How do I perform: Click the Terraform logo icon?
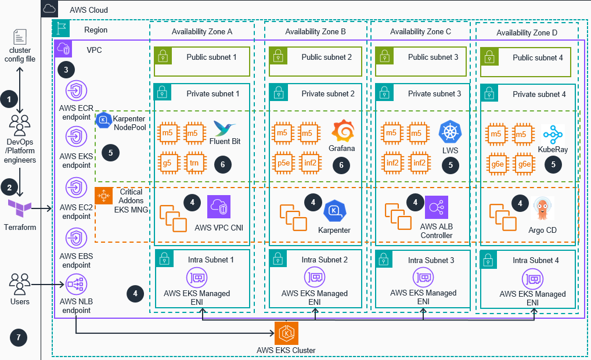point(20,208)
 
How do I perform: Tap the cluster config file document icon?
point(20,38)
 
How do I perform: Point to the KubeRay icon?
point(553,135)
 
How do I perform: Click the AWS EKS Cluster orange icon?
point(286,333)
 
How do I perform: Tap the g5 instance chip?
point(167,163)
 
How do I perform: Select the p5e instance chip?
point(283,163)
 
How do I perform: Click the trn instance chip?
point(194,163)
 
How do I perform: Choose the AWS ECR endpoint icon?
point(75,91)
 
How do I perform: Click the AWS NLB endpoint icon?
point(75,285)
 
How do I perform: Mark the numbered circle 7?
point(19,337)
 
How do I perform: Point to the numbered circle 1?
point(9,99)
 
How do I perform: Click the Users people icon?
point(20,285)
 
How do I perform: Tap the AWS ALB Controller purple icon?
point(435,207)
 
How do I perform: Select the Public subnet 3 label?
point(433,57)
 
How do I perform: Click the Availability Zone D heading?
point(527,33)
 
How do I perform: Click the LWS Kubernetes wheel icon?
point(450,132)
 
